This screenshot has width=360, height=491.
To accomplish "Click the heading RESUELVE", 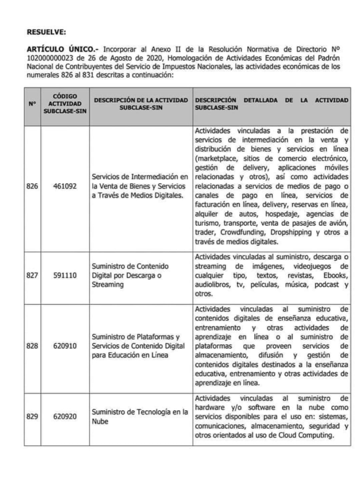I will (46, 32).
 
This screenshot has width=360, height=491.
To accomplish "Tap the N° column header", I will (32, 104).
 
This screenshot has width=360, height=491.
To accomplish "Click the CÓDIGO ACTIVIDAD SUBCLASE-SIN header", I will (65, 104).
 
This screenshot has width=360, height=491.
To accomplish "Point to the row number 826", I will (32, 186).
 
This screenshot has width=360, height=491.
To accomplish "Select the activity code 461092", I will (65, 186).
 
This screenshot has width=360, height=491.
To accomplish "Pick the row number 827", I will (32, 275).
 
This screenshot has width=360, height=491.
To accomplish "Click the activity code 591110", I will (65, 275).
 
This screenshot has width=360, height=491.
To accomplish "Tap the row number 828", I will (32, 346).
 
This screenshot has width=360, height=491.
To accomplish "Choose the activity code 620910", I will (65, 346).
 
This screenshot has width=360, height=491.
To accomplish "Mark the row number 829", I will (32, 416).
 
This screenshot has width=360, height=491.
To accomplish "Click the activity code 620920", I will (65, 416).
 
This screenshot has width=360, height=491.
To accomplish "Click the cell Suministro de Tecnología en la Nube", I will (140, 417).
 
